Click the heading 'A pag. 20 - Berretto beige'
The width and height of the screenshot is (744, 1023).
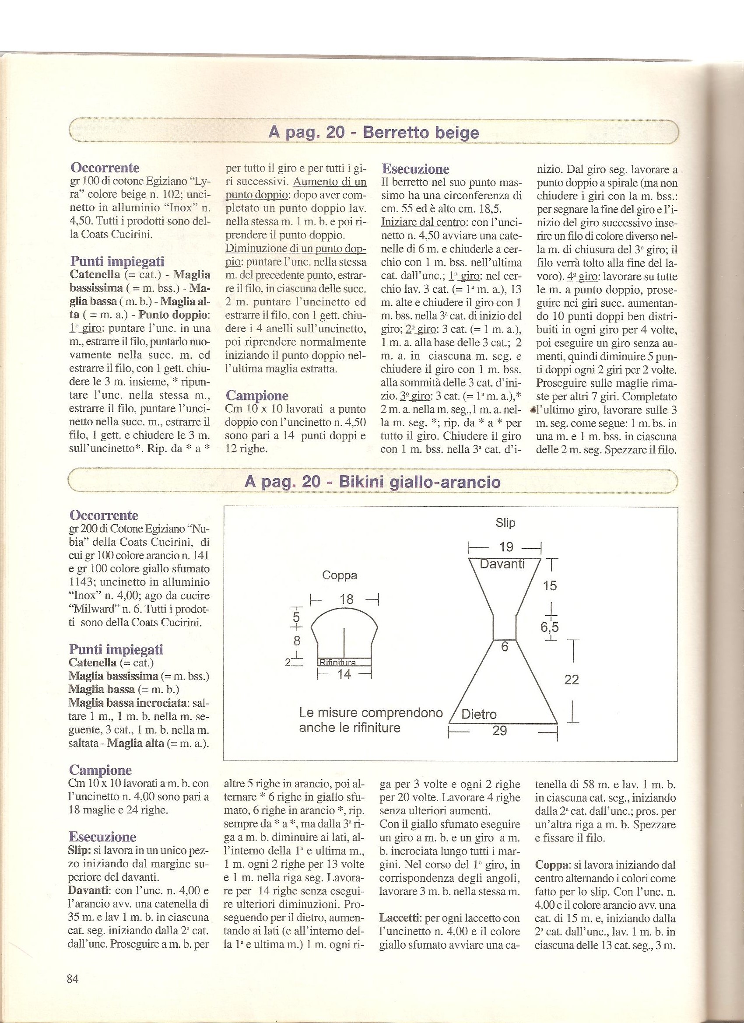pyautogui.click(x=373, y=133)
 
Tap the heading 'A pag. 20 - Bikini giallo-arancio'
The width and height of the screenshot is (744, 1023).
pyautogui.click(x=372, y=482)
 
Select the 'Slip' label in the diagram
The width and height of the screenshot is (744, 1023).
pyautogui.click(x=505, y=523)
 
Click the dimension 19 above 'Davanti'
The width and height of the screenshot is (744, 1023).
pyautogui.click(x=506, y=547)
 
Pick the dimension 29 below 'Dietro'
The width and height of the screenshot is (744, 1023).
pyautogui.click(x=499, y=731)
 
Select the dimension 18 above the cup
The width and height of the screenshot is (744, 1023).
pyautogui.click(x=347, y=599)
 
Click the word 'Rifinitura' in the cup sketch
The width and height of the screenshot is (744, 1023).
pyautogui.click(x=338, y=662)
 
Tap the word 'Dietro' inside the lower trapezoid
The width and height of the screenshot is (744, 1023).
pyautogui.click(x=479, y=715)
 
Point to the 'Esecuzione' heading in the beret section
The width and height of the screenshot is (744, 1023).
pyautogui.click(x=415, y=169)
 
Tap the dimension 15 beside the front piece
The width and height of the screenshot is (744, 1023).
pyautogui.click(x=550, y=585)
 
